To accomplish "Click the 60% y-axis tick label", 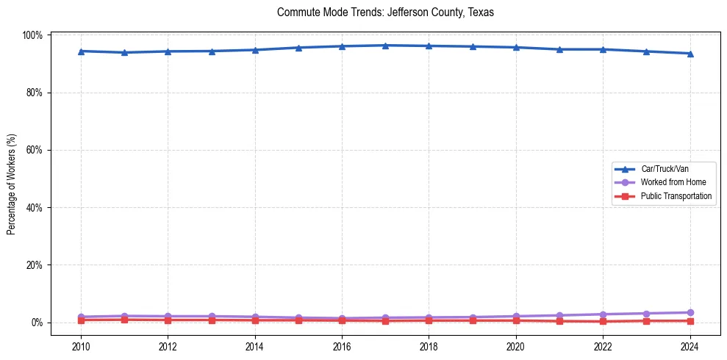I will [35, 150].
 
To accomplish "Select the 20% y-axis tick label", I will [35, 265].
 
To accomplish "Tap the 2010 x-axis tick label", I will [81, 347].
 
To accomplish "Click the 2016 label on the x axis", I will [342, 347].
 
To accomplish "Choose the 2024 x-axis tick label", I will [690, 347].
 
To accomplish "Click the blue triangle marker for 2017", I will [385, 46].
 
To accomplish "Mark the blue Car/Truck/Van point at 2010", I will [81, 51].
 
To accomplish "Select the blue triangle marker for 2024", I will [690, 54].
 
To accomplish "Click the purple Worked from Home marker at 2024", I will [690, 313].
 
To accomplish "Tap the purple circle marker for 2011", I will [124, 316].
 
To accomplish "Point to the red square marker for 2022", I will [603, 321].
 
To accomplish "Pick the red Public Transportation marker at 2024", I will [690, 320].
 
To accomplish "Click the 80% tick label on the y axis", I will [35, 93].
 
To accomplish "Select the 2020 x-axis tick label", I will [515, 347].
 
